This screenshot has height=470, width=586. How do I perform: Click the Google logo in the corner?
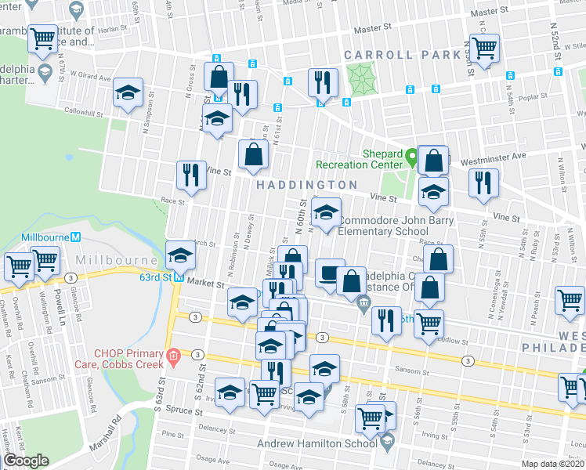coord(26,461)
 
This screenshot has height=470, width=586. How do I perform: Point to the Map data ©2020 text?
coord(553,464)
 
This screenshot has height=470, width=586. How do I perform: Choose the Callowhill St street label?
coord(84,114)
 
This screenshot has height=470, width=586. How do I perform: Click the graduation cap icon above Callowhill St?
coord(128,92)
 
